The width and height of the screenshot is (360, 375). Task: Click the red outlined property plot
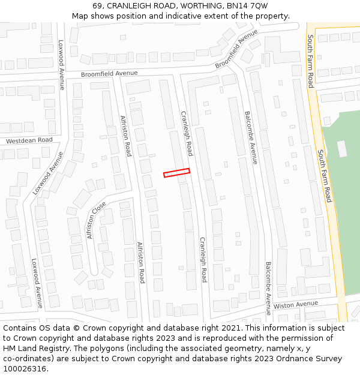[176, 173]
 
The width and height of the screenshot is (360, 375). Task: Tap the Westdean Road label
[29, 140]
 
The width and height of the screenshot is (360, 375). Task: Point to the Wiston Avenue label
[295, 305]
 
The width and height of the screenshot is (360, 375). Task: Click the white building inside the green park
[342, 149]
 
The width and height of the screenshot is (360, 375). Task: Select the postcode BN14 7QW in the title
[247, 5]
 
